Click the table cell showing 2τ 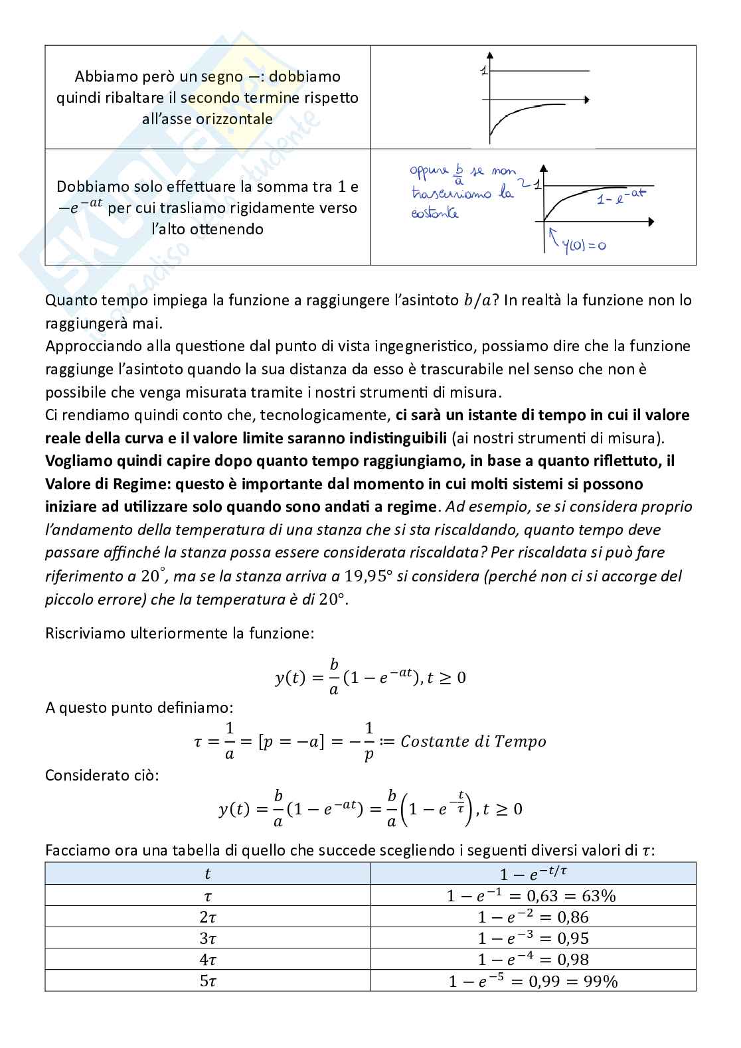[x=208, y=917]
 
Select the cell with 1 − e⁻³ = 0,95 [x=533, y=938]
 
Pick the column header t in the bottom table [x=208, y=873]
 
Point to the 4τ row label [x=208, y=959]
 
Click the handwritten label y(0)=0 [x=584, y=246]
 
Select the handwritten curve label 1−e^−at [x=620, y=195]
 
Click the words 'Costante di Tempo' [x=473, y=741]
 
